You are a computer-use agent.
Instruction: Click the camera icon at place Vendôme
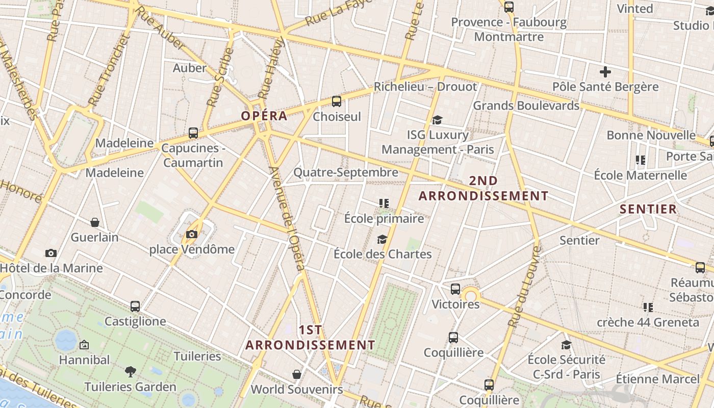(x=192, y=234)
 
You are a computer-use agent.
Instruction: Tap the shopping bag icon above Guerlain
(x=95, y=222)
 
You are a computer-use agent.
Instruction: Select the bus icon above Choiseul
(x=336, y=101)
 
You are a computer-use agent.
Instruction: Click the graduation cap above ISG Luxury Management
(x=437, y=120)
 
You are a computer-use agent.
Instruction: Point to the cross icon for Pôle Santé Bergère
(x=605, y=72)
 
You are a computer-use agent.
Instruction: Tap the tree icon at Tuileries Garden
(x=131, y=372)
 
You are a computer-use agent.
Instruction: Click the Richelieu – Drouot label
(x=425, y=87)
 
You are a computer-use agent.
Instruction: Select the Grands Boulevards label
(x=526, y=106)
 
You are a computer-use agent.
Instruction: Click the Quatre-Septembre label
(x=346, y=172)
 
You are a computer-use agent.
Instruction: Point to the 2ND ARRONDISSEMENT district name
(x=483, y=188)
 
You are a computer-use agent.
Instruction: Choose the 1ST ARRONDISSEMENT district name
(x=310, y=338)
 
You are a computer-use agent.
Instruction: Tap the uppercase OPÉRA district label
(x=264, y=116)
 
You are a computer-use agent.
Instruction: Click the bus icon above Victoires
(x=455, y=289)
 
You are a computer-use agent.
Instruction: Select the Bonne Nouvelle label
(x=651, y=135)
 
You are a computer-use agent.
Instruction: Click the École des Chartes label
(x=382, y=254)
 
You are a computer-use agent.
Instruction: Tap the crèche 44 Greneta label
(x=648, y=322)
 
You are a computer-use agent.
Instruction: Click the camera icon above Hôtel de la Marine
(x=50, y=253)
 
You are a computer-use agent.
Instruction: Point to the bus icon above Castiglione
(x=135, y=307)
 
